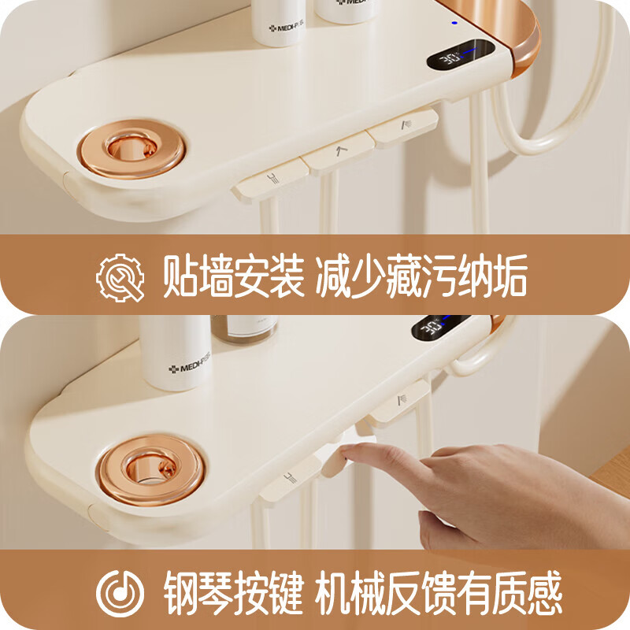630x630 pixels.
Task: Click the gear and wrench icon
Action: click(121, 277)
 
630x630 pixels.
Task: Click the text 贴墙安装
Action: click(233, 277)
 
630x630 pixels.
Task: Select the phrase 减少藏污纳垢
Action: click(421, 277)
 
